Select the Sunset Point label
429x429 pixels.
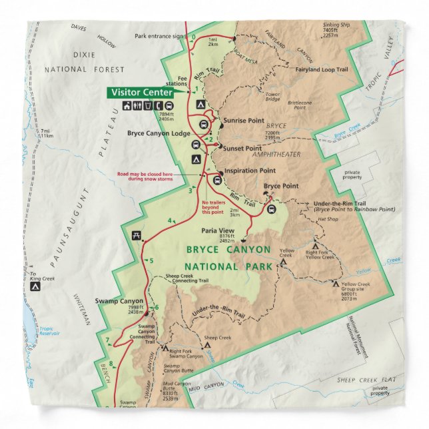tap(242, 148)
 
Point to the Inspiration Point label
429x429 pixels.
tap(250, 171)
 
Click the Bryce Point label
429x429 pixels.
tap(280, 186)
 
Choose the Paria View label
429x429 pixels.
tap(216, 232)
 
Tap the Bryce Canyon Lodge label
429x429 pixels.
tap(157, 133)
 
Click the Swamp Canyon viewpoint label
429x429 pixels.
tap(119, 301)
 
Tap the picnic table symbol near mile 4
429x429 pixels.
tap(137, 235)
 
